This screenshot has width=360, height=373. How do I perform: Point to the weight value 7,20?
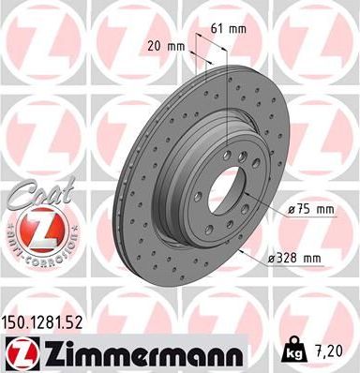coord(336,351)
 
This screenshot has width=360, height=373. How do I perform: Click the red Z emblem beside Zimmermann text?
coord(21,351)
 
